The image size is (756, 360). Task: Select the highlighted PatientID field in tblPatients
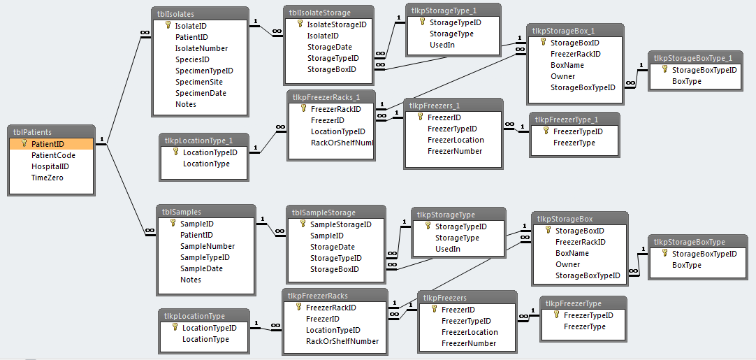point(48,144)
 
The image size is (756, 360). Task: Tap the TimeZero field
point(48,178)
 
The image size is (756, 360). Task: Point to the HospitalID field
point(50,166)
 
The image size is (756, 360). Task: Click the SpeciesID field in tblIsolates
point(193,59)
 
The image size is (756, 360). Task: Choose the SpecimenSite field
point(199,82)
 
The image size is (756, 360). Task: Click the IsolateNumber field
point(201,48)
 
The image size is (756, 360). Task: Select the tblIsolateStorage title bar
point(329,13)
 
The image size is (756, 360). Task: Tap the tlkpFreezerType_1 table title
point(567,120)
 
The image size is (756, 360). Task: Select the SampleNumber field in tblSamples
point(208,246)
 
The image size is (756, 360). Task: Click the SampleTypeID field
point(205,257)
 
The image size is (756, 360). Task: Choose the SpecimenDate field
point(201,93)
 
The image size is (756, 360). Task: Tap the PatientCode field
point(53,155)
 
